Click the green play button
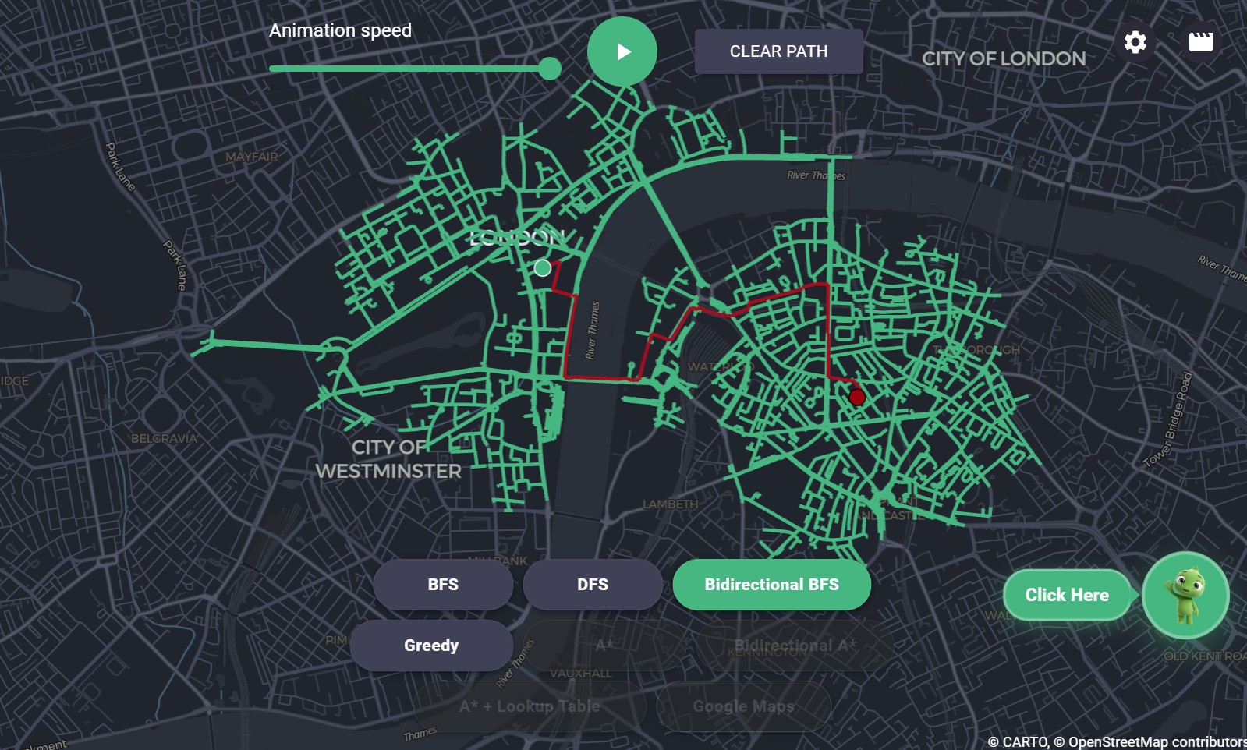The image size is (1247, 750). tap(622, 51)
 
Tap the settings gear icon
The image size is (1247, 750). tap(1135, 42)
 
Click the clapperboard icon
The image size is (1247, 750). tap(1200, 42)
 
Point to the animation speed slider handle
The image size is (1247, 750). tap(550, 69)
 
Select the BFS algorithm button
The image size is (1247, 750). tap(443, 585)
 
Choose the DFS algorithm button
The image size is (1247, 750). tap(593, 585)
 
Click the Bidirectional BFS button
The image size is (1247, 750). tap(771, 585)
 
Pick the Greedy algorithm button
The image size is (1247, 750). tap(431, 646)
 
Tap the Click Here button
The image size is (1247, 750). tap(1066, 595)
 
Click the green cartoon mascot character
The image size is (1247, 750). tap(1185, 595)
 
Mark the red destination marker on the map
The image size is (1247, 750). tap(857, 397)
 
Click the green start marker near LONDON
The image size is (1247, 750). tap(543, 268)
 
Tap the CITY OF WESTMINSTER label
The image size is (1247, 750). tap(388, 459)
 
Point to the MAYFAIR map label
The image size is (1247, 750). tap(251, 157)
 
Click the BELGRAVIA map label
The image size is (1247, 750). tap(164, 439)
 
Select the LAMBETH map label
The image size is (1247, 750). tap(670, 504)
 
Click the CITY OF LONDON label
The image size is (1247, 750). tap(1004, 59)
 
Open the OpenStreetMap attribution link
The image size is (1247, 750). tap(1118, 741)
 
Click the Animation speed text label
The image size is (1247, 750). tap(340, 30)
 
